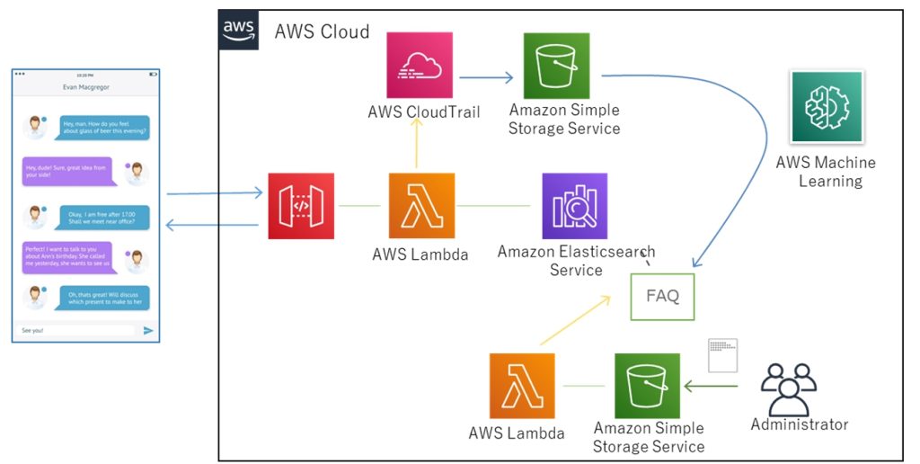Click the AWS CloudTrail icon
point(420,66)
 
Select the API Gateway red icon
point(301,206)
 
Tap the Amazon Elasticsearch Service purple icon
point(574,206)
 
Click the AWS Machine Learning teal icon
point(827,107)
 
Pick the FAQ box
point(663,296)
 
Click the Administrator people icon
point(788,388)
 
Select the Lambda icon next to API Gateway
point(421,206)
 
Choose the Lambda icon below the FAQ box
point(522,386)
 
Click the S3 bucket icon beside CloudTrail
point(556,66)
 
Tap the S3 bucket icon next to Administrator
point(647,386)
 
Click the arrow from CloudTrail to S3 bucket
point(486,77)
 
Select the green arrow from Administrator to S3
point(711,388)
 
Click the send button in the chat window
point(148,331)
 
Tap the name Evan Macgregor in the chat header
point(86,88)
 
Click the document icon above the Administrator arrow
point(722,355)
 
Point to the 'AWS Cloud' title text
point(322,31)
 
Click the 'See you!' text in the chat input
point(32,331)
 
